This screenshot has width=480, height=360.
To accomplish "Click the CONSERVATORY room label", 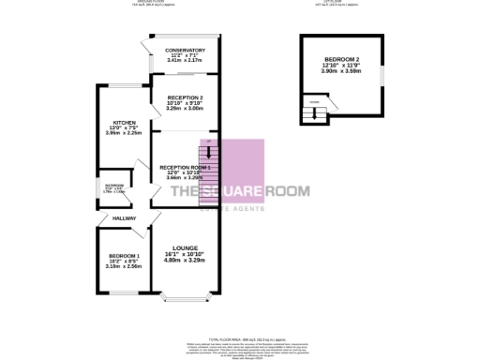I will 185,50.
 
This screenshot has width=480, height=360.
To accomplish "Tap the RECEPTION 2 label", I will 185,97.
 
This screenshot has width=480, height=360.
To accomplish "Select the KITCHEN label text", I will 125,122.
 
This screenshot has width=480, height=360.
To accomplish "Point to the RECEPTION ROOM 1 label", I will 184,167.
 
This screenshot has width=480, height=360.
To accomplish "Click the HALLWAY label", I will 125,218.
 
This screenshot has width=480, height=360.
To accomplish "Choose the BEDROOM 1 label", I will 124,256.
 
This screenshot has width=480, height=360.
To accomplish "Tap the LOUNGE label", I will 185,247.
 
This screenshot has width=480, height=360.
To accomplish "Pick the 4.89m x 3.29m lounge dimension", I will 185,260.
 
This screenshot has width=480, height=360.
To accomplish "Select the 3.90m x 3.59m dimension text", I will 341,70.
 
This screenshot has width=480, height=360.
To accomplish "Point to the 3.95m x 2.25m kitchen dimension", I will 125,133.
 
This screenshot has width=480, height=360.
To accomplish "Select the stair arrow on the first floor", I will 314,114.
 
